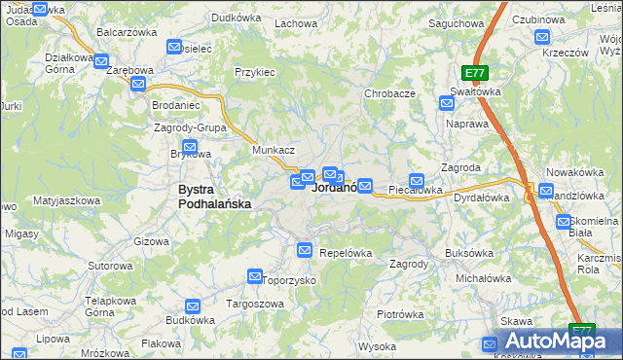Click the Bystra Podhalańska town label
pos(214,197)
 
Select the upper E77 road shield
pos(474,73)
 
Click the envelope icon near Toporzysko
pos(255,276)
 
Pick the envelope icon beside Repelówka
pos(305,251)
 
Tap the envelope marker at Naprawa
pos(447,102)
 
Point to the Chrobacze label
pos(389,93)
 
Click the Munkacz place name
pos(274,151)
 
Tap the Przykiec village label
pos(255,72)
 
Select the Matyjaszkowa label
pos(66,200)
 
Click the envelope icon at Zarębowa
pos(137,84)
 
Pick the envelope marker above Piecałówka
pos(417,179)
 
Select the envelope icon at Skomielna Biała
pos(565,222)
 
